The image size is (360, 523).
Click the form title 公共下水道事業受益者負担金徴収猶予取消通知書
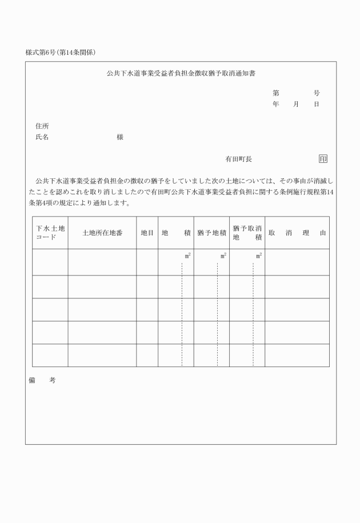click(x=181, y=74)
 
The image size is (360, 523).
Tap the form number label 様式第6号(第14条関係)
click(x=61, y=52)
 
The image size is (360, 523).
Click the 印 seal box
click(x=323, y=159)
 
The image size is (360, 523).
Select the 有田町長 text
click(x=238, y=159)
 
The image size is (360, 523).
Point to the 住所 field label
click(x=42, y=125)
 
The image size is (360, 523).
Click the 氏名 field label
click(x=42, y=137)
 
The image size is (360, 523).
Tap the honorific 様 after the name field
click(x=120, y=137)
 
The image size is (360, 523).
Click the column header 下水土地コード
click(x=50, y=233)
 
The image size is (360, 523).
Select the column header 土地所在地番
click(x=102, y=233)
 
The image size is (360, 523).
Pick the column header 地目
click(x=147, y=233)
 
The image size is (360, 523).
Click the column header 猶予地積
click(x=211, y=233)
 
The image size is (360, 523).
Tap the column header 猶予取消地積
click(x=247, y=233)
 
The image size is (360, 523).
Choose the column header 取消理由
click(x=297, y=233)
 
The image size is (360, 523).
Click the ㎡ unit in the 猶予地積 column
click(x=223, y=255)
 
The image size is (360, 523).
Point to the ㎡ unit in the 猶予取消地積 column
click(x=259, y=255)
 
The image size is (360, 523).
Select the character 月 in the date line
click(x=296, y=104)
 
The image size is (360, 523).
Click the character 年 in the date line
click(x=275, y=104)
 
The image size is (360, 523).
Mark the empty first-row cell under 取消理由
click(x=297, y=262)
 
